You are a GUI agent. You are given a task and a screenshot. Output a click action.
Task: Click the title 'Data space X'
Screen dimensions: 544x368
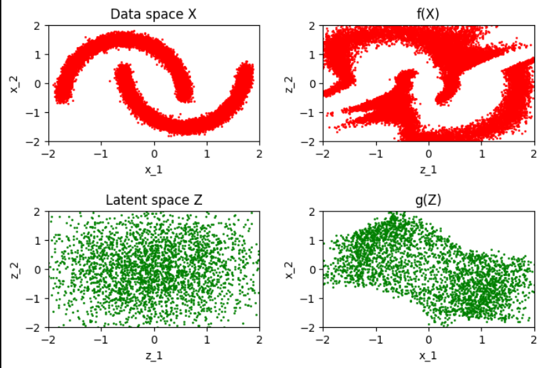(154, 14)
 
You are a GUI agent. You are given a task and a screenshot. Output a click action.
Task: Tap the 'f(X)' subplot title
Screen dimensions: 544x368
(428, 14)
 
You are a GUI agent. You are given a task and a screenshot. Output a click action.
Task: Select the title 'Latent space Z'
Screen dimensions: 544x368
(154, 200)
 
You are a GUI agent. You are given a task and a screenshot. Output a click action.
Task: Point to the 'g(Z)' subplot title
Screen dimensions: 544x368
(428, 200)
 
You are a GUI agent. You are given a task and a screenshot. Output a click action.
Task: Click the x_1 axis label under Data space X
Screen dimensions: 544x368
(154, 170)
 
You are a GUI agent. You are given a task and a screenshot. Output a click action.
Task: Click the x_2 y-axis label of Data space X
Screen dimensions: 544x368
(14, 84)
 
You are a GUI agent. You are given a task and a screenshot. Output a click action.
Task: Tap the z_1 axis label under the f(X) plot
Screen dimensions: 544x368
(428, 170)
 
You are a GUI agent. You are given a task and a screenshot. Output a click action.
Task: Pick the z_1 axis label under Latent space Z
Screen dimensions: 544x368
(154, 355)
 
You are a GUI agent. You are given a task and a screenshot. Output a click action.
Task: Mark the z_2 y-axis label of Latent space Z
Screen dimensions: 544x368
(14, 270)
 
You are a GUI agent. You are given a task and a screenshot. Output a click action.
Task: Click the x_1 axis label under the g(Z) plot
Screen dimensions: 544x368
(428, 355)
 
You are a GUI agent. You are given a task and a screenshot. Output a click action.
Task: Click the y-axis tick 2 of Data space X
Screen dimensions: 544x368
(37, 26)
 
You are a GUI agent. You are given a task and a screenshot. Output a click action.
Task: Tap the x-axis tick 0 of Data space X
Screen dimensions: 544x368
(154, 154)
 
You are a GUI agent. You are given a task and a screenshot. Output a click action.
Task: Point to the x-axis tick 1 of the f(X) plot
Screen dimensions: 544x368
(482, 154)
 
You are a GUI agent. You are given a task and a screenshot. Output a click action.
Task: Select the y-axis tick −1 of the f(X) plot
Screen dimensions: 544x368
(307, 113)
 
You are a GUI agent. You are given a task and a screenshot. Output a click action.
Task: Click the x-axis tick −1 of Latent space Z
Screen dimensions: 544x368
(101, 339)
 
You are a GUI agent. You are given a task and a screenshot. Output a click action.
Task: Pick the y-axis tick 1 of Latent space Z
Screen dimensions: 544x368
(37, 241)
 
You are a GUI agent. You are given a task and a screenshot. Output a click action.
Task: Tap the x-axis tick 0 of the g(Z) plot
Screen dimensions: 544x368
(429, 339)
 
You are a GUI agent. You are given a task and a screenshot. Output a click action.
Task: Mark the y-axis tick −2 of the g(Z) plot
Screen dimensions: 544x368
(307, 328)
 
